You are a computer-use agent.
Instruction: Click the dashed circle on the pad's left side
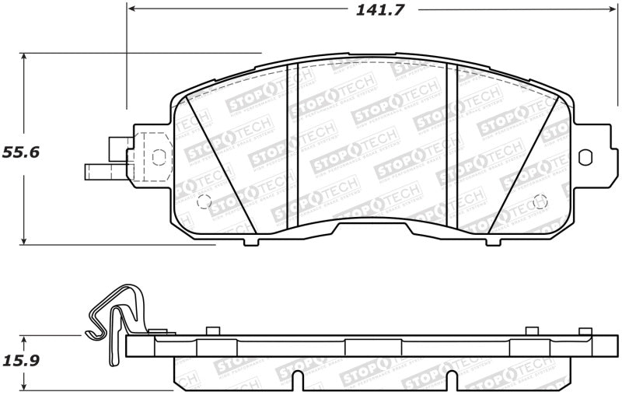[x=204, y=201]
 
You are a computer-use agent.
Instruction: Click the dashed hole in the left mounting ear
[x=159, y=156]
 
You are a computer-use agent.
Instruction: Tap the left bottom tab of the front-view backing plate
[x=250, y=241]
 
